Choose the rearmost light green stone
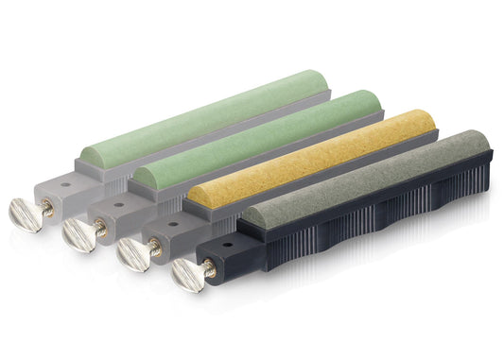(x=208, y=113)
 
